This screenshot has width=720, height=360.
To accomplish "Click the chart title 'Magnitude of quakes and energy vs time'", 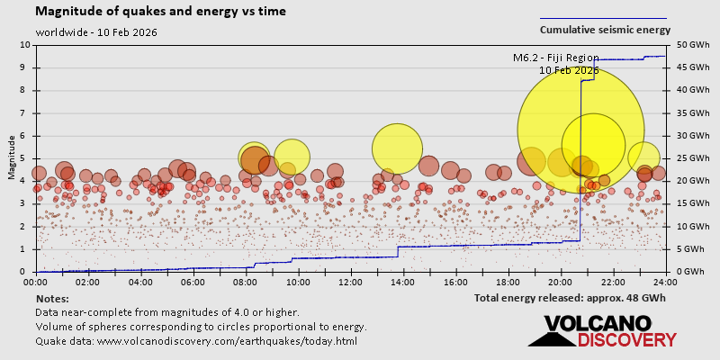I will point(161,12).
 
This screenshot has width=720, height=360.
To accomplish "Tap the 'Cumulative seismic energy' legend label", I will point(605,30).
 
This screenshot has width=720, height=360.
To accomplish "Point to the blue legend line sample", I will point(603,18).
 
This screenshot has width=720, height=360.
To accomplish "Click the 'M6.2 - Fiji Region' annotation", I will point(555,58).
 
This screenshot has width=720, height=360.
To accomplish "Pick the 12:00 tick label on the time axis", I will point(351,281).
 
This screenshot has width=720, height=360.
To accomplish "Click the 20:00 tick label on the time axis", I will point(561,281).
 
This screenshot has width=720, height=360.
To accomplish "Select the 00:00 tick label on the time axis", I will point(36,281).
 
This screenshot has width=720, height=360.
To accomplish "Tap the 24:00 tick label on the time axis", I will point(665,281).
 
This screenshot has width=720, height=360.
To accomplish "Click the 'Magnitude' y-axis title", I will point(12,157).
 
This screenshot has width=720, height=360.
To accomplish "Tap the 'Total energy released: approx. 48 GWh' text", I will point(570,297).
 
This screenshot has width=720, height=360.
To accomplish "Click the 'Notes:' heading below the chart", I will point(52,298).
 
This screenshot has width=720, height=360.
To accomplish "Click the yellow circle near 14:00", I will point(396,148).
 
